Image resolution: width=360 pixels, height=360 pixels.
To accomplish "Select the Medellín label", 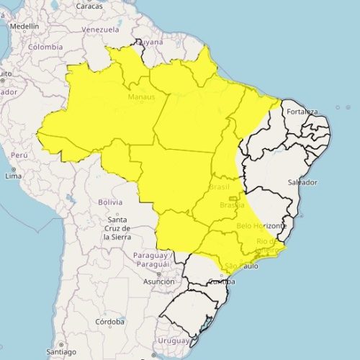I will [x=24, y=25].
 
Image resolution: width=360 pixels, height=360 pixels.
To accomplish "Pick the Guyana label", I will [x=152, y=42].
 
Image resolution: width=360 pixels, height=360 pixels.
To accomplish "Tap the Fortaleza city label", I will [x=302, y=112].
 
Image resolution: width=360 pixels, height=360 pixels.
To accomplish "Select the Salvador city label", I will [x=303, y=182].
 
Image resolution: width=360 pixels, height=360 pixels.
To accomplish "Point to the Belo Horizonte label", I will [x=261, y=226].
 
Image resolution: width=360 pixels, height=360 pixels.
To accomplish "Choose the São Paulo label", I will [x=241, y=267].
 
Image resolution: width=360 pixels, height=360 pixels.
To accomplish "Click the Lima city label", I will [x=13, y=176].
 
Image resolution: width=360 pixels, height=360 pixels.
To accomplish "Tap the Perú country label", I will [x=19, y=155].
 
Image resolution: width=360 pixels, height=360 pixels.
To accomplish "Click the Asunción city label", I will [x=158, y=282].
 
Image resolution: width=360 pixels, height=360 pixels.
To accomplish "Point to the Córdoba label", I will [x=111, y=321].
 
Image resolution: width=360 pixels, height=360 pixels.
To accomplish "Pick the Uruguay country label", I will [x=172, y=340].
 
